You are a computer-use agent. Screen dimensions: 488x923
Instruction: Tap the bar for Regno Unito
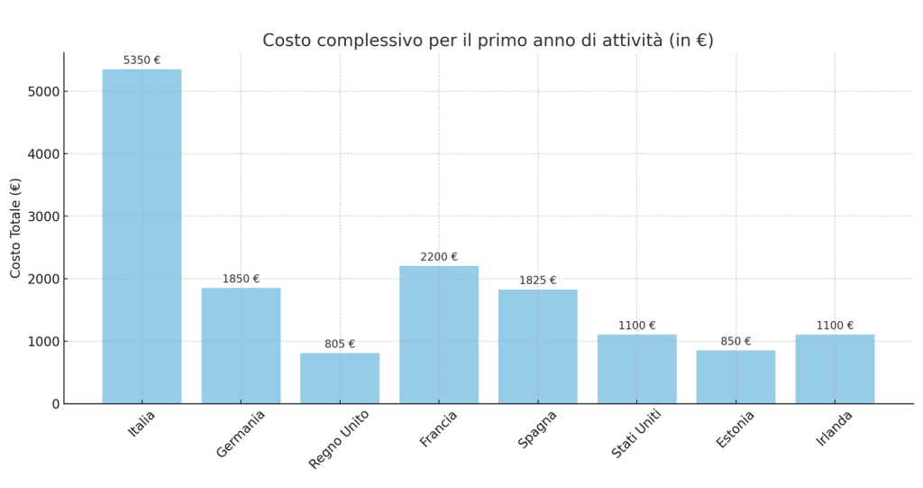click(340, 378)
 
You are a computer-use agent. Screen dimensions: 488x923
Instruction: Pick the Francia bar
click(439, 335)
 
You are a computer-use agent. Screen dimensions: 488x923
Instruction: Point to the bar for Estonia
click(736, 377)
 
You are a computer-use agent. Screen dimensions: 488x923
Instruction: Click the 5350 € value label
click(142, 60)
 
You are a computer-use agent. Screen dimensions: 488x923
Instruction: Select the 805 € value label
click(340, 345)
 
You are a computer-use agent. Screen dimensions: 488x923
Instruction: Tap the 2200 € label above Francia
click(439, 257)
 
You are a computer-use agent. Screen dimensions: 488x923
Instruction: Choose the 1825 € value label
click(537, 281)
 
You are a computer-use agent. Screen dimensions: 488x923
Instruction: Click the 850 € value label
click(736, 342)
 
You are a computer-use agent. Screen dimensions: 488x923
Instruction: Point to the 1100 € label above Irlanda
click(835, 326)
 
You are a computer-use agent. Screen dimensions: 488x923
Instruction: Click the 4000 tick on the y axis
click(44, 154)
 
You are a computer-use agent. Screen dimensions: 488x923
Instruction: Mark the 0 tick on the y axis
click(56, 404)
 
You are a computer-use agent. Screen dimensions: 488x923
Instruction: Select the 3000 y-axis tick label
click(44, 216)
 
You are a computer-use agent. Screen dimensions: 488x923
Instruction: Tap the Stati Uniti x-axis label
click(636, 433)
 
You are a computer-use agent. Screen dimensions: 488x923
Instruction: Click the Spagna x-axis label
click(537, 428)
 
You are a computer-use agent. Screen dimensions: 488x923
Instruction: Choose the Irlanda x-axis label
click(835, 428)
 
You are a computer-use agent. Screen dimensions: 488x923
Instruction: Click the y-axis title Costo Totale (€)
click(16, 227)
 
